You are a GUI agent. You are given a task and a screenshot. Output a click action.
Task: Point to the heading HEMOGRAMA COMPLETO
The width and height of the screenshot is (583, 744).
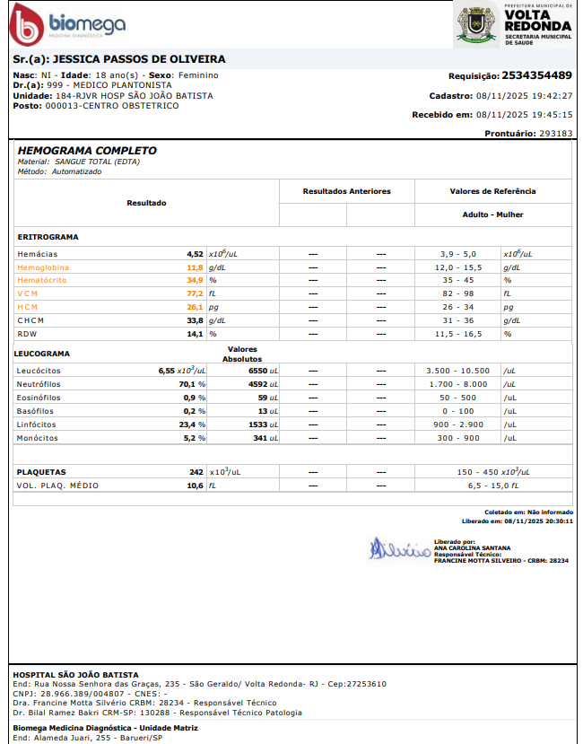point(87,151)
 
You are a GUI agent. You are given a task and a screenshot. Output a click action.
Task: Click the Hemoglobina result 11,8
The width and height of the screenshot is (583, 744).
point(195,267)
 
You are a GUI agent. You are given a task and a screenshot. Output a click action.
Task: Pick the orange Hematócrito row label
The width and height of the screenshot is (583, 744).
point(42,281)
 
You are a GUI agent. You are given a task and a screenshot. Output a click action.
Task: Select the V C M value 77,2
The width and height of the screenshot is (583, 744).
point(195,293)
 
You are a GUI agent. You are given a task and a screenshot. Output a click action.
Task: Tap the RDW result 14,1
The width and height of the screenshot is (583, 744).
point(195,334)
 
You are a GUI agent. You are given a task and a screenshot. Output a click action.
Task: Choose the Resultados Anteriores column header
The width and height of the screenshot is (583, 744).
point(346,191)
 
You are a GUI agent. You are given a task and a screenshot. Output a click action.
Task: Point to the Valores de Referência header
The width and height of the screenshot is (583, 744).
point(492,191)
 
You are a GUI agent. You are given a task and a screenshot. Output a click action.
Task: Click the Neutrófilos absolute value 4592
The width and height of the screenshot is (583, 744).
point(261,384)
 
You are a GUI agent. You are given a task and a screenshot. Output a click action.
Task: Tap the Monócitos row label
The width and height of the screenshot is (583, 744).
point(38,438)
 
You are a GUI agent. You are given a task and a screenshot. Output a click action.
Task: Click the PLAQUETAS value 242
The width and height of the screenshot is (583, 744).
point(196,472)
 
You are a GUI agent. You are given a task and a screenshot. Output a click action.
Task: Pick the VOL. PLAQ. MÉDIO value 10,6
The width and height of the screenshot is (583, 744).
point(195,486)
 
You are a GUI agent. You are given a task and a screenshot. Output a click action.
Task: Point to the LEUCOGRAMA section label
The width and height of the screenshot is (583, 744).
point(43,354)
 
